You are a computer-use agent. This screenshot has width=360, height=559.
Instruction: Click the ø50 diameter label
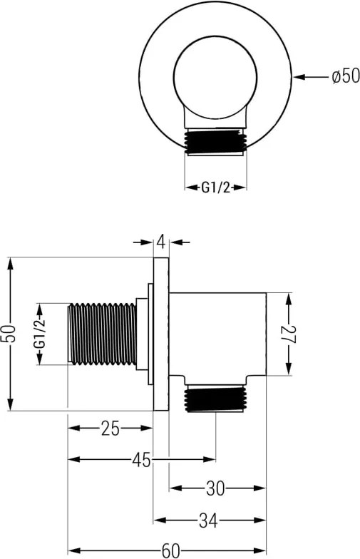(x=345, y=76)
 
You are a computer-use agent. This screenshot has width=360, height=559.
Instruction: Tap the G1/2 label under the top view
(x=215, y=187)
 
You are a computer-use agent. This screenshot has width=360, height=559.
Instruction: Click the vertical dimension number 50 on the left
(x=11, y=334)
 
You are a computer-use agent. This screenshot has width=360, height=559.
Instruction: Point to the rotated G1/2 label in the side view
(x=40, y=334)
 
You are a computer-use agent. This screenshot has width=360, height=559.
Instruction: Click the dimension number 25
(x=110, y=428)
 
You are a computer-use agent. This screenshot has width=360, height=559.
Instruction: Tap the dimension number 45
(x=141, y=460)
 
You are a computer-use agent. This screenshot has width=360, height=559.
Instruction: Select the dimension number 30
(x=215, y=488)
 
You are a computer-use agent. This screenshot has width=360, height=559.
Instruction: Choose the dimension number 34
(x=208, y=520)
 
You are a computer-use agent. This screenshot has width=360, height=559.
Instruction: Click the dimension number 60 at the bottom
(x=171, y=551)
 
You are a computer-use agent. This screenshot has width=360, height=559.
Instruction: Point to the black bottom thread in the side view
(x=215, y=398)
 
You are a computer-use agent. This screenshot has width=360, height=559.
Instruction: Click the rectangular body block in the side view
(x=217, y=334)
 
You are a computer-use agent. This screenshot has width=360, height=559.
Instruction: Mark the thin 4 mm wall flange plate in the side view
(x=161, y=334)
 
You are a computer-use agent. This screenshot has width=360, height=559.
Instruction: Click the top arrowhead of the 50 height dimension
(x=11, y=265)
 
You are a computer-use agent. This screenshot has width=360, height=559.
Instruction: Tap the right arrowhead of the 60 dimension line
(x=259, y=551)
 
